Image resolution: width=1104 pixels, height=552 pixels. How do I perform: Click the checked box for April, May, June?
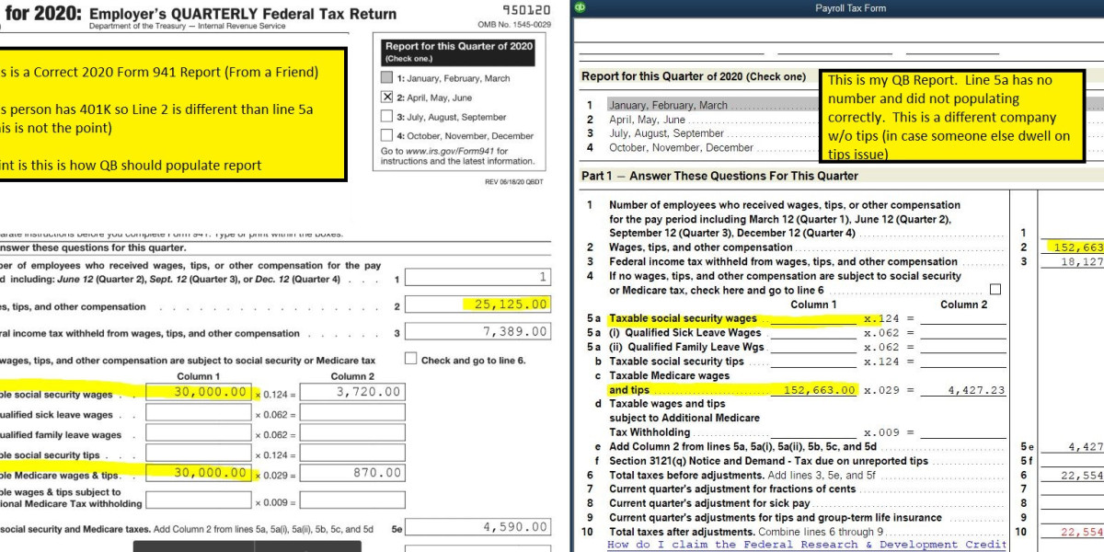386,97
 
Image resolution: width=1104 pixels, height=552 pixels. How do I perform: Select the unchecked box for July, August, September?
386,117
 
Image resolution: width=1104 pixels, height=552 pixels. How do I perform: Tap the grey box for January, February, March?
386,78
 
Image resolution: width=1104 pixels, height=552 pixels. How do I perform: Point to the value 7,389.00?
515,332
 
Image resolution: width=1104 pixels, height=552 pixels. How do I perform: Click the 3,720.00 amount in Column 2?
367,392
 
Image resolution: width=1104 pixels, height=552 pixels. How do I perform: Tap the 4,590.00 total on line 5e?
515,527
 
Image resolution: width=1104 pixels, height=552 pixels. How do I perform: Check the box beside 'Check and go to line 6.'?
410,359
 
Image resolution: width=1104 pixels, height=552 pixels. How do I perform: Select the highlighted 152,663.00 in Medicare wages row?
820,390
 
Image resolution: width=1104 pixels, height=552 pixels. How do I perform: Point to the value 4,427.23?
976,390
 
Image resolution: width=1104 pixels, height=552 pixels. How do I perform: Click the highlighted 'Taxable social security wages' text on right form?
683,319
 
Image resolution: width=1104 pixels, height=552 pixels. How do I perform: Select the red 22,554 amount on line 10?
1082,532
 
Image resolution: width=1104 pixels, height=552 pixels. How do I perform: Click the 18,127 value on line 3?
1082,262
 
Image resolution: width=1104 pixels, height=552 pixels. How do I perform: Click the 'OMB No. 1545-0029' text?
514,25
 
